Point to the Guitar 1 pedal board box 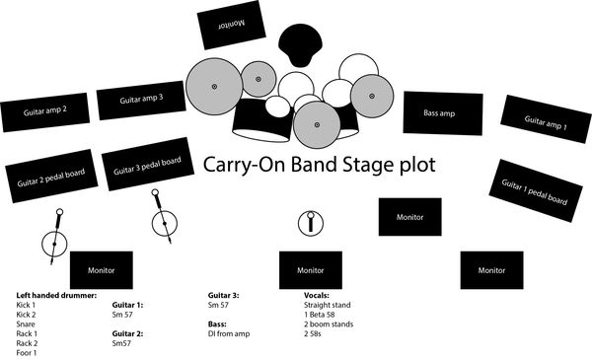click(x=534, y=191)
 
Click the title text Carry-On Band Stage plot click(x=319, y=164)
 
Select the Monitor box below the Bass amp click(x=410, y=216)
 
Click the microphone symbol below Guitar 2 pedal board click(x=55, y=237)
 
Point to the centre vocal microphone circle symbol click(x=312, y=222)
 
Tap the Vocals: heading click(x=322, y=295)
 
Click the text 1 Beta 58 click(x=326, y=315)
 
